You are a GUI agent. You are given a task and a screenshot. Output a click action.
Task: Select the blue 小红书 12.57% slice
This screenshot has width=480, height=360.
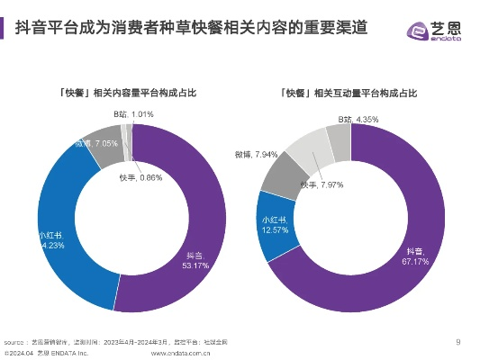click(x=270, y=225)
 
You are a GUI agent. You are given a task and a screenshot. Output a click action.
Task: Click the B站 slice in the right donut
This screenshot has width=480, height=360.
click(x=339, y=139)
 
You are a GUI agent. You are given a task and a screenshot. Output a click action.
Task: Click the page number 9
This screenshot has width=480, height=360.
click(x=457, y=341)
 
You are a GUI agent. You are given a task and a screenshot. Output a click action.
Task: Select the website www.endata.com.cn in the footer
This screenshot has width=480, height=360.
click(x=180, y=353)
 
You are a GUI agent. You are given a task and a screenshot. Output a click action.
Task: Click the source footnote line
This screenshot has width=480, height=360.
click(x=116, y=342)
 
